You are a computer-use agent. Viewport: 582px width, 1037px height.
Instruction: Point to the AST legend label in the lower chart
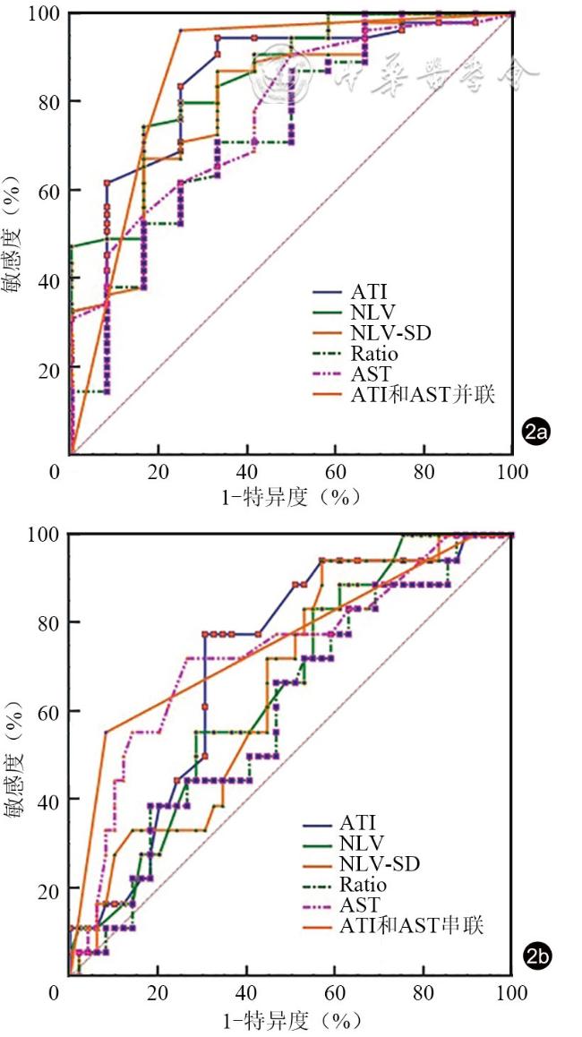click(359, 904)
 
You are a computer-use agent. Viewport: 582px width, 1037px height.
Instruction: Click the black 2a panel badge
click(535, 433)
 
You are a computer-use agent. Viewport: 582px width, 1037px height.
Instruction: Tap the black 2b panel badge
click(536, 956)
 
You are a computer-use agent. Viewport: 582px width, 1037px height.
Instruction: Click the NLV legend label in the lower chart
click(363, 843)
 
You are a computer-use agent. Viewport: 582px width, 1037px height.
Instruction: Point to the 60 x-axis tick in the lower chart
click(335, 993)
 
